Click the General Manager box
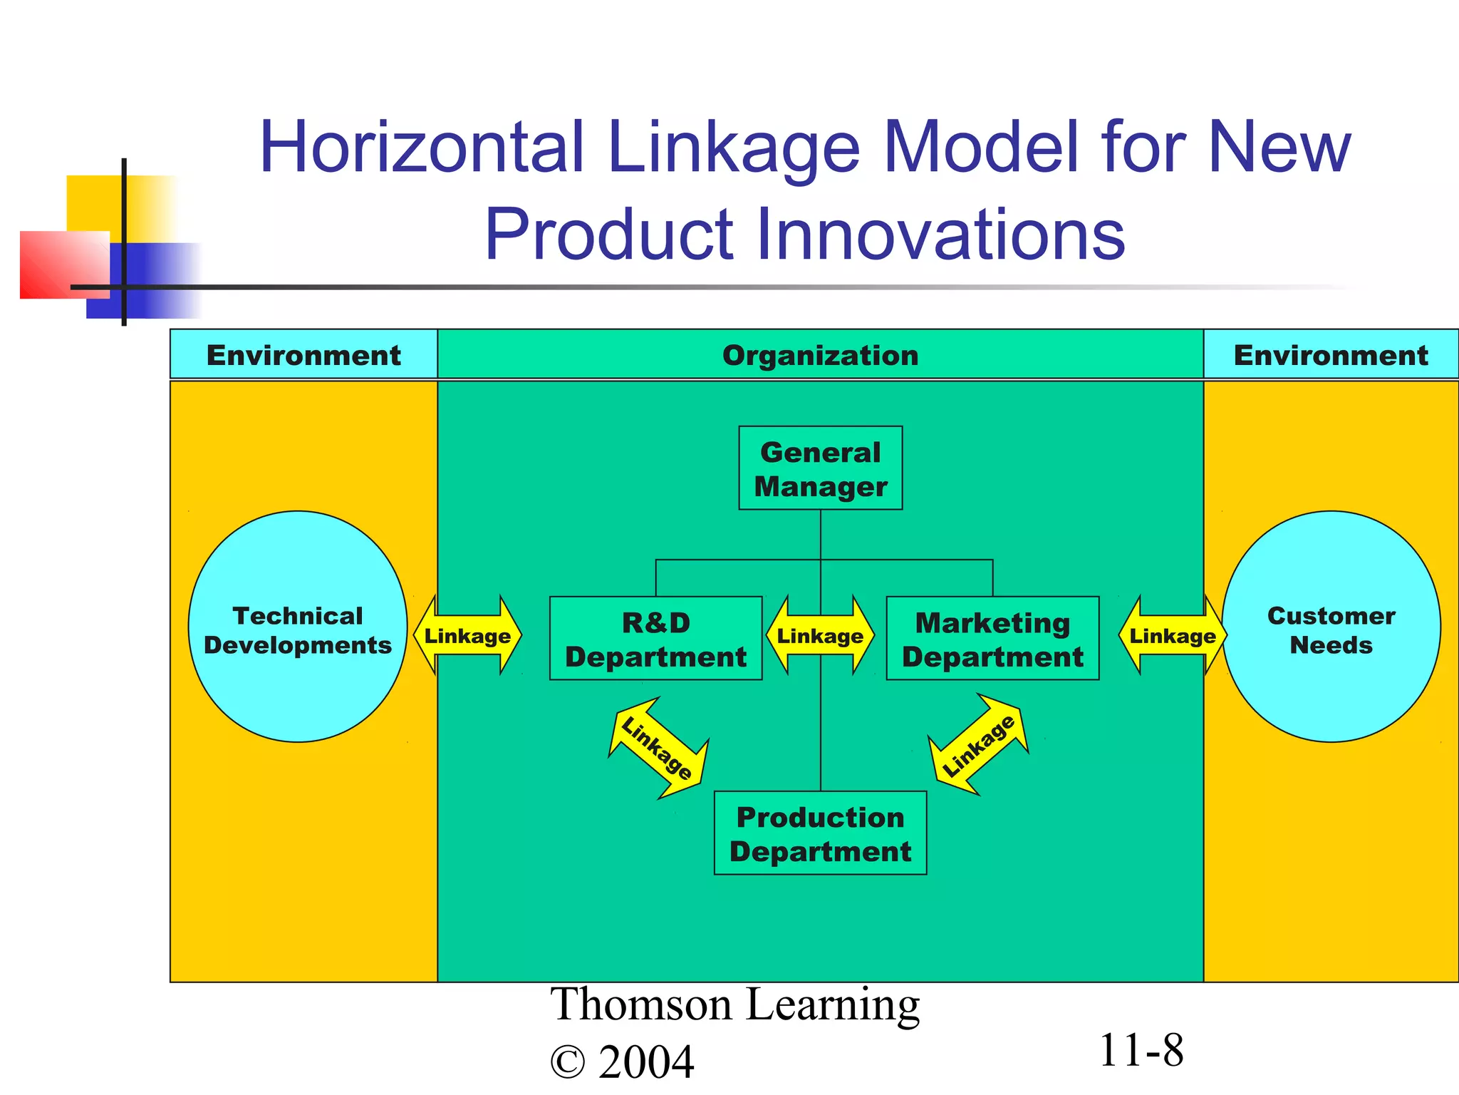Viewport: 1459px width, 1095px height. click(x=820, y=468)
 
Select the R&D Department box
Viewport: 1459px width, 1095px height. click(x=655, y=639)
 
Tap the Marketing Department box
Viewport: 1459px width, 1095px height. click(x=992, y=639)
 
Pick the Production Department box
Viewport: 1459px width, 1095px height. click(x=820, y=833)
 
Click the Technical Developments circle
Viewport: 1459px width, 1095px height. click(x=298, y=627)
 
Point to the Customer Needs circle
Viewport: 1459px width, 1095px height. click(x=1331, y=627)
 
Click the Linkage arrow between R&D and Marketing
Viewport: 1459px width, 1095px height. click(x=820, y=635)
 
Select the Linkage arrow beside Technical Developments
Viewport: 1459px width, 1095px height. click(x=467, y=635)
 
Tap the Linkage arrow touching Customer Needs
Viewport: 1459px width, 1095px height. click(x=1172, y=635)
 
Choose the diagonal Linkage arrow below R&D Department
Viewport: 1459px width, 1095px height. click(x=658, y=748)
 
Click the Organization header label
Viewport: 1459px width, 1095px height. click(x=820, y=355)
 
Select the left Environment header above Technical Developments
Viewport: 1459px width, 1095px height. click(x=303, y=355)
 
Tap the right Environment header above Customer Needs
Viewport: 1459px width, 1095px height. click(x=1331, y=355)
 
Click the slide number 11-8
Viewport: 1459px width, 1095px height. click(x=1141, y=1051)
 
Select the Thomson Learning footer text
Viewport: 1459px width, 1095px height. click(x=734, y=1005)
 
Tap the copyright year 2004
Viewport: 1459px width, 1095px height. click(x=645, y=1062)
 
